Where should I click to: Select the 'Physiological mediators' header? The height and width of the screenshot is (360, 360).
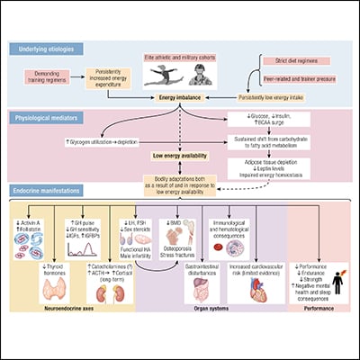coord(52,118)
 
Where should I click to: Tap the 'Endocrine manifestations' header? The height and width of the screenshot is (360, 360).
coord(55,192)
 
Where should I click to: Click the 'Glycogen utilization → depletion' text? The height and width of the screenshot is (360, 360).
coord(100,142)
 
